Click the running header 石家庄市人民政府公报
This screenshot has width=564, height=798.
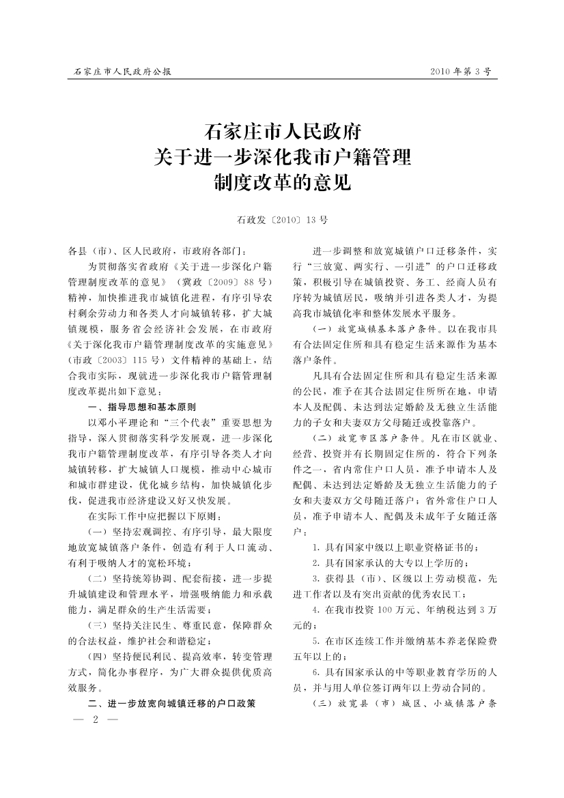coord(122,71)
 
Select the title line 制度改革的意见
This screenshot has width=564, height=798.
coord(283,183)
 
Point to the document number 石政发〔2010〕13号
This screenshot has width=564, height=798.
coord(282,220)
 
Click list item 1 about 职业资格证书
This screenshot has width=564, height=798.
coord(395,547)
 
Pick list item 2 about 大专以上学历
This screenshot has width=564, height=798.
coord(389,562)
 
